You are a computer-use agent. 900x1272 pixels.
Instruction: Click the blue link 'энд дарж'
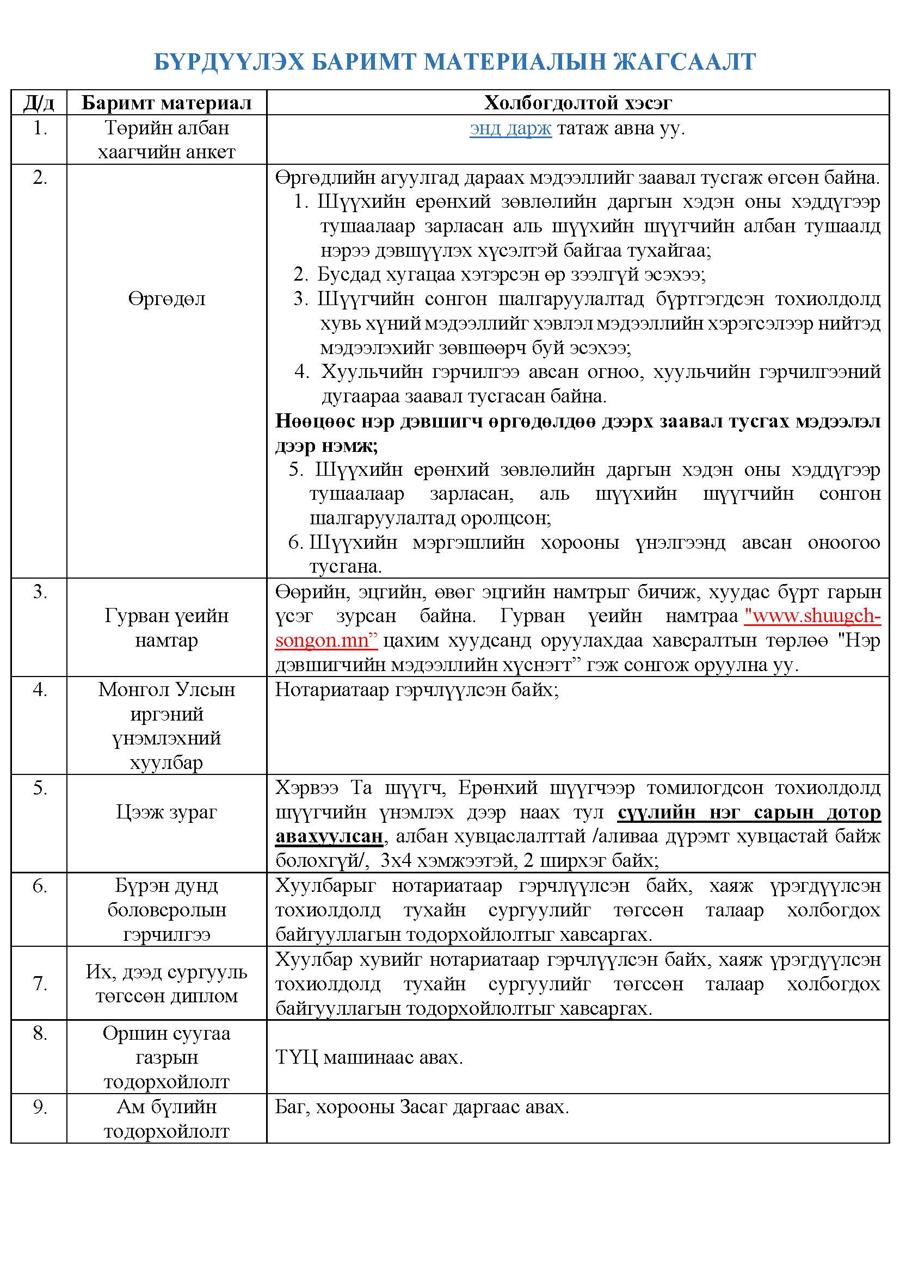[510, 128]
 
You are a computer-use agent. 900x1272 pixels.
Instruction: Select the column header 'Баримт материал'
[167, 103]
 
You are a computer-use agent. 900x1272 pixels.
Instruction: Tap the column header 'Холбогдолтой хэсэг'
[577, 103]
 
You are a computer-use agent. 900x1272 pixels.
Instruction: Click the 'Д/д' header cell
[39, 103]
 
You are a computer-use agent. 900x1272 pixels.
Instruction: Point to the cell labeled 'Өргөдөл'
[167, 299]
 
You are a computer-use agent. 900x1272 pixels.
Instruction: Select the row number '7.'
[40, 983]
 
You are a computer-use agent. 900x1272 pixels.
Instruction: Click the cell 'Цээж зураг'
[167, 811]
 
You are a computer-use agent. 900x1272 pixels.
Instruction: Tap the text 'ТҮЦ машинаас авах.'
[369, 1058]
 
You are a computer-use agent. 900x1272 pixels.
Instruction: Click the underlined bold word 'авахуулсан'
[329, 836]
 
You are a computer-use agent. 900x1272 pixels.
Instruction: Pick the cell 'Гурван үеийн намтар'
[167, 628]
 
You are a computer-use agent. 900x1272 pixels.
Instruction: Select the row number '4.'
[40, 690]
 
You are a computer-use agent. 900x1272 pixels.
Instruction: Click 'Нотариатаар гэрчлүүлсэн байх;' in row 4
[417, 690]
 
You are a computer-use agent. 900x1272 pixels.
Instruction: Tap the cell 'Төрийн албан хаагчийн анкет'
[167, 140]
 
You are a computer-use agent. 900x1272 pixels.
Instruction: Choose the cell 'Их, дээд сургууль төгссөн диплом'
[167, 984]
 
